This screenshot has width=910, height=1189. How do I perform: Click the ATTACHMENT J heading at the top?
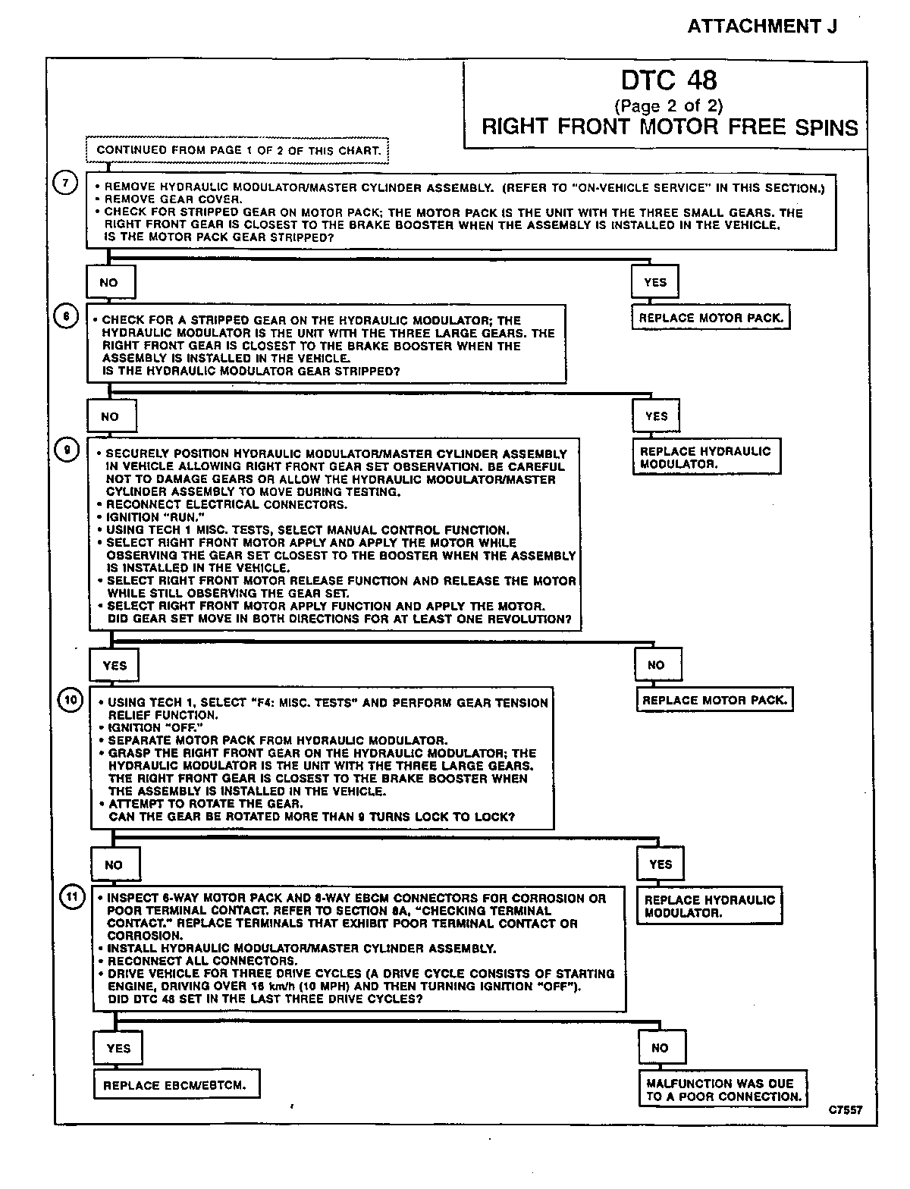point(762,27)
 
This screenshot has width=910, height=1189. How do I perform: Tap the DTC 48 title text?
point(669,81)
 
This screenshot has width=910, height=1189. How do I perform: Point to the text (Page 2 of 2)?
point(668,105)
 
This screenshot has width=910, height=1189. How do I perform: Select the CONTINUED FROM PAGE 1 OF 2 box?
point(238,150)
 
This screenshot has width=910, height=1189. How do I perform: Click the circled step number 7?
point(66,184)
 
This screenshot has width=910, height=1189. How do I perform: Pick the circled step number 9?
point(67,451)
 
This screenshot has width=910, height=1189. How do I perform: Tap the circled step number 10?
point(70,700)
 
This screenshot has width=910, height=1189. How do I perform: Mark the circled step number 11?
point(71,897)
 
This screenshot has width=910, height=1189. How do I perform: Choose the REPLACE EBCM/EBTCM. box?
point(174,1085)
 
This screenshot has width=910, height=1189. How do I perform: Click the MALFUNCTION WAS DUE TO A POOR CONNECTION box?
point(723,1090)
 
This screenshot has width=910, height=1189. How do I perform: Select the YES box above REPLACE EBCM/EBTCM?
point(118,1049)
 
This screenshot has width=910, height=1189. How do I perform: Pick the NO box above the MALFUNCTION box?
point(661,1048)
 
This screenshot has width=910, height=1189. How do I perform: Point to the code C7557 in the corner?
point(845,1110)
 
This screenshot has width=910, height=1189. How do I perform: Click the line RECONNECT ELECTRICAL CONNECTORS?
point(226,504)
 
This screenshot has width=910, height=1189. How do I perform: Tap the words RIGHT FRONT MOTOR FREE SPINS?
point(670,127)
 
